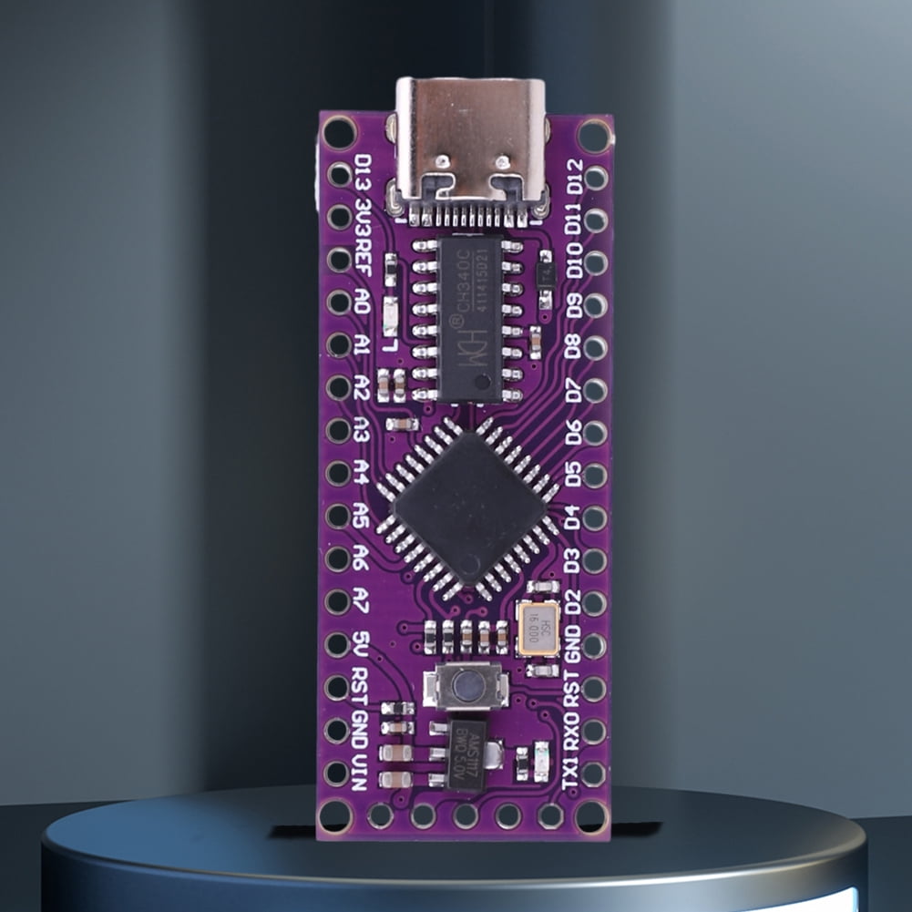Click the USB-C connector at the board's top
470,146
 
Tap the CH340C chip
469,319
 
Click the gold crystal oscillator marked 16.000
538,629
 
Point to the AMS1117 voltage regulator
466,754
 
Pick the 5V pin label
362,643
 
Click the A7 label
362,600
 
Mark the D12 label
574,176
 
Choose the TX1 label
571,773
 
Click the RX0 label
571,732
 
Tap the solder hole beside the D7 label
596,390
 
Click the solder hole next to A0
339,302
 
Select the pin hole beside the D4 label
596,517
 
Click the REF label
363,259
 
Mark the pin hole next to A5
339,516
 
